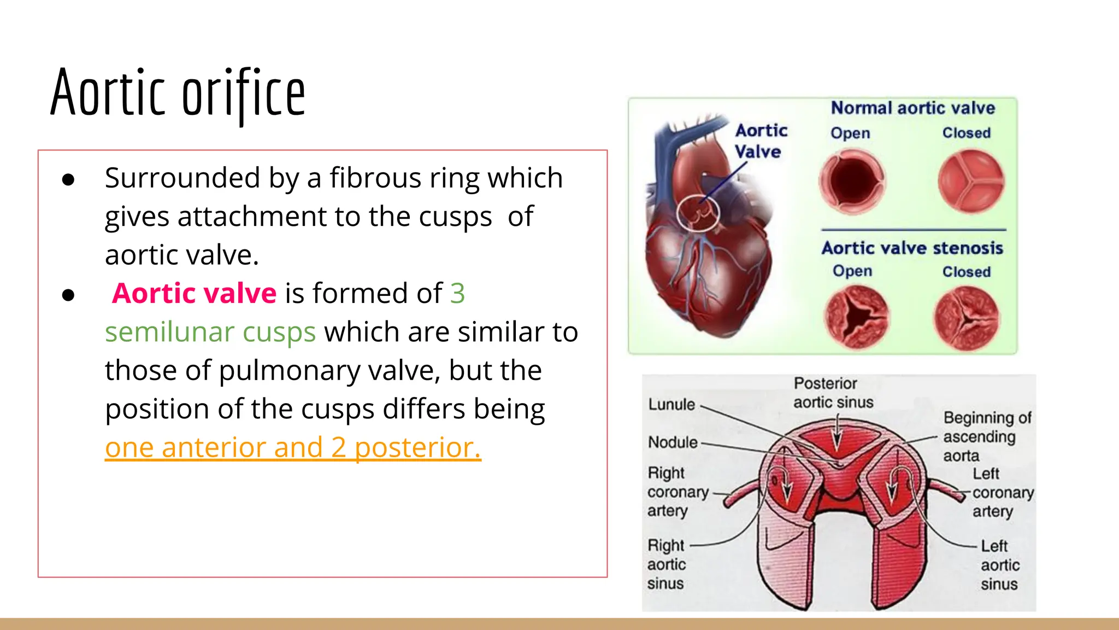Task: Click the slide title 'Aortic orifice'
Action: click(178, 93)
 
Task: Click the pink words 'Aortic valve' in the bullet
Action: click(195, 294)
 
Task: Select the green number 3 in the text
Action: click(457, 294)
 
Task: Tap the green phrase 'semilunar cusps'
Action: click(210, 332)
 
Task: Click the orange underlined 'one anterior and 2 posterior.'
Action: click(293, 447)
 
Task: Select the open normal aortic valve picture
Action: click(852, 182)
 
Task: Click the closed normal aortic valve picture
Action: click(971, 182)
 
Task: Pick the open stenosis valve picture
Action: click(856, 317)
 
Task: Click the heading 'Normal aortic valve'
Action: click(912, 108)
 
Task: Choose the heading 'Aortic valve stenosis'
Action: click(912, 248)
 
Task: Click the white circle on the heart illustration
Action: click(698, 213)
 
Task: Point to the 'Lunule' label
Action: click(672, 405)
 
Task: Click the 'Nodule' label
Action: click(673, 442)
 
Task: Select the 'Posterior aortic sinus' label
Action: click(833, 393)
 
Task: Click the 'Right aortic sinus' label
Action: click(666, 564)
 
